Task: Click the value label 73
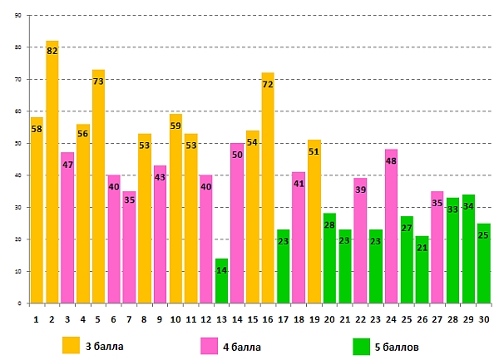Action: [98, 82]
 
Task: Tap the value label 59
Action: [175, 126]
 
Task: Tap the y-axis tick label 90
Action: [18, 16]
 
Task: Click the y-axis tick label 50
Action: [18, 144]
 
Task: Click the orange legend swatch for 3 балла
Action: [72, 344]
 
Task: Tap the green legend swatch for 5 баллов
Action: [362, 344]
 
